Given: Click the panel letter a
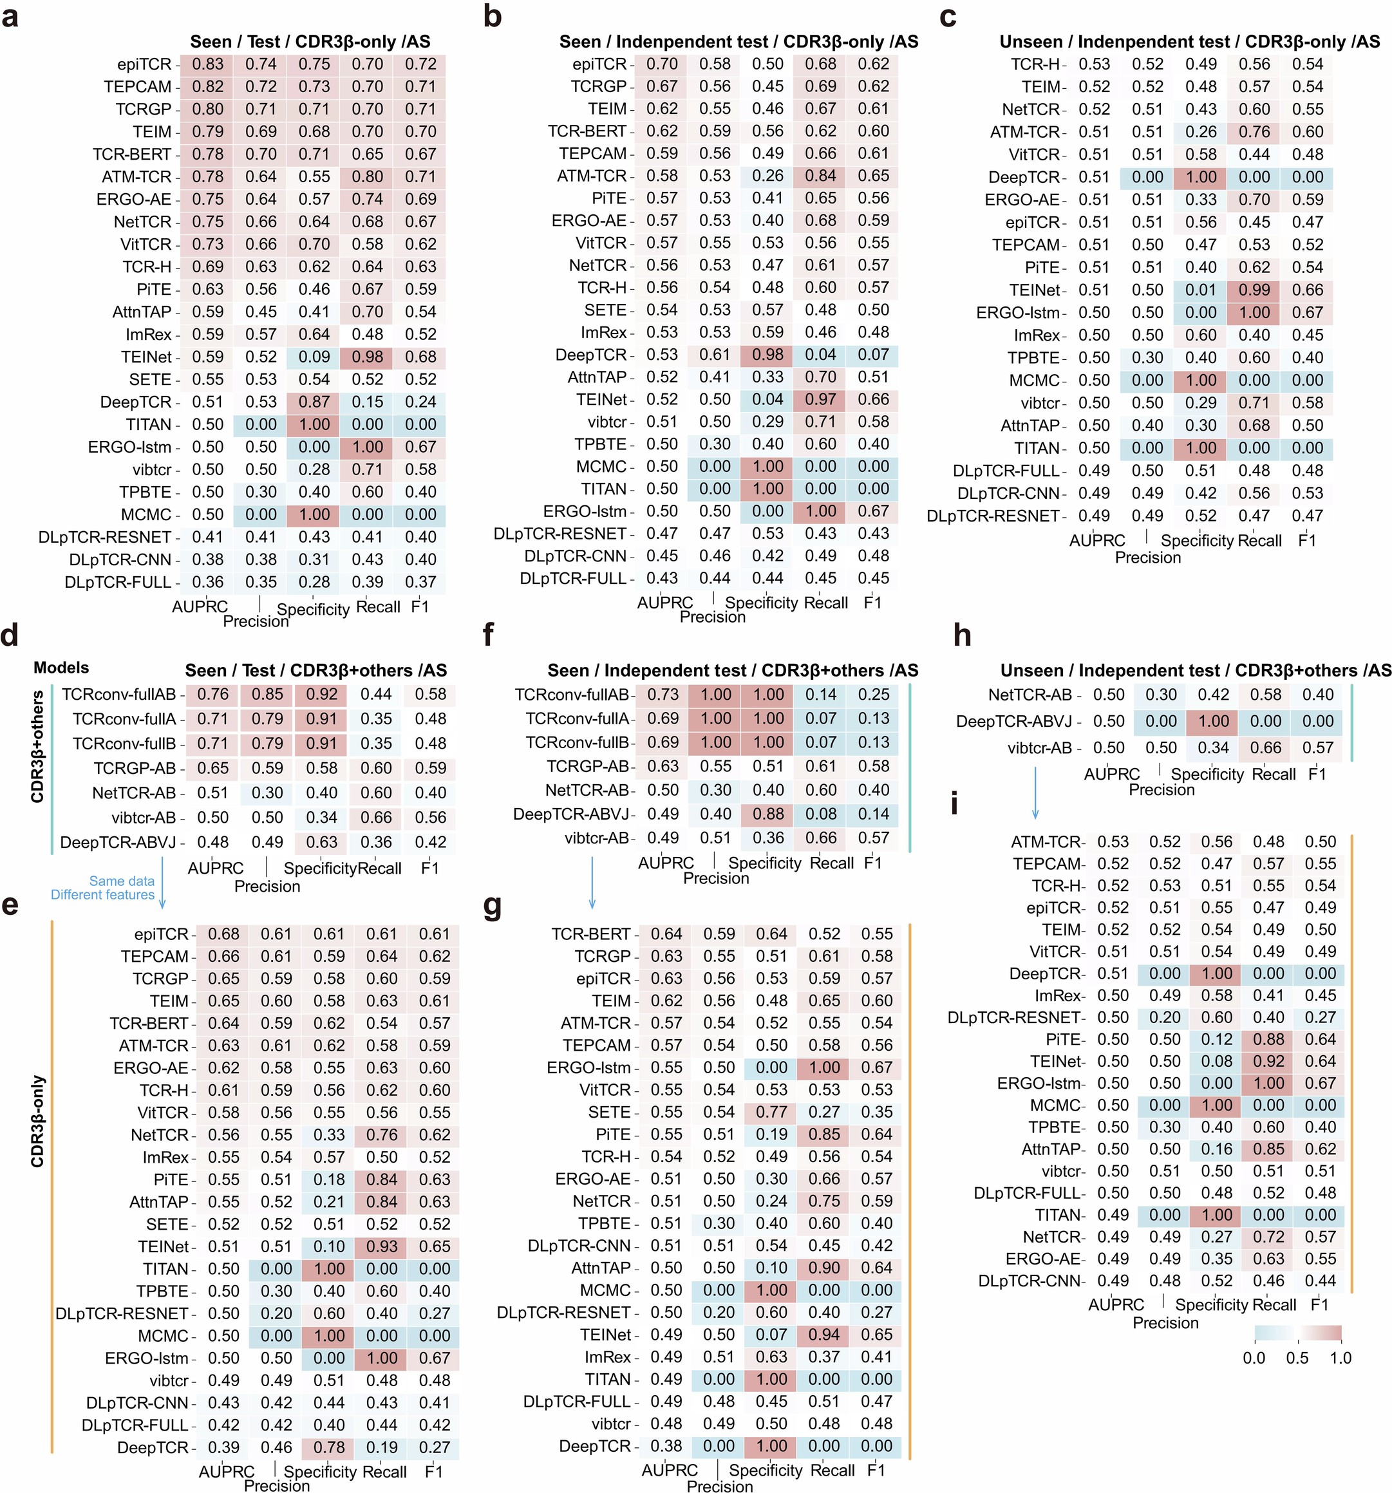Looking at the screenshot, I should (10, 17).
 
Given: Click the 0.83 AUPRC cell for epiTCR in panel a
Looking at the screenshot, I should (207, 64).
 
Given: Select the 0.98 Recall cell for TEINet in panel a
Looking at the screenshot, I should (368, 357).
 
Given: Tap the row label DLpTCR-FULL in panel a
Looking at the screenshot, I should (118, 582).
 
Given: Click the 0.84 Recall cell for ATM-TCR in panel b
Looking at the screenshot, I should (820, 176).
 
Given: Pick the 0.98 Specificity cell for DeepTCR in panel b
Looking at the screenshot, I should (767, 355).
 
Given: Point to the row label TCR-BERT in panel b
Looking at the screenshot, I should (587, 131).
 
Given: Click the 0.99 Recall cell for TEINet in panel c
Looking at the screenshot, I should (1254, 290).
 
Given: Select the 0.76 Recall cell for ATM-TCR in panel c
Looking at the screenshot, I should (1254, 132).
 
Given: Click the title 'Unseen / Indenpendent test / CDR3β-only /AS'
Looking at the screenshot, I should (1189, 42).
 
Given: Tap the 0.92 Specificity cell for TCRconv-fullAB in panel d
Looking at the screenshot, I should (321, 695).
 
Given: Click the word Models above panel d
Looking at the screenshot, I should (61, 668).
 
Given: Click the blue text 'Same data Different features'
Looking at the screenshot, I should (104, 888).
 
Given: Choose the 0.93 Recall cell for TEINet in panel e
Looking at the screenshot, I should (382, 1246).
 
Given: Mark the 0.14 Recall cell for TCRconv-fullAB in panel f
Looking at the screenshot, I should (820, 695).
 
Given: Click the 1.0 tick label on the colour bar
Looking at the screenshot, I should (1339, 1358).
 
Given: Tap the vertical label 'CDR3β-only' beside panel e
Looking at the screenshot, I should (37, 1122).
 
